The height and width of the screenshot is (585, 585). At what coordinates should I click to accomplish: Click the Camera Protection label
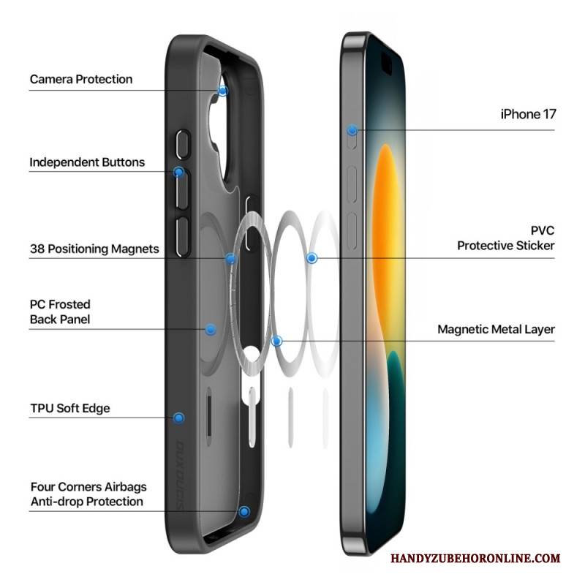[81, 80]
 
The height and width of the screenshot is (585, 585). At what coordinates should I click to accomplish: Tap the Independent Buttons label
[87, 162]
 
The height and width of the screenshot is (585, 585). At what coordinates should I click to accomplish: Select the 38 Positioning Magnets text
[94, 249]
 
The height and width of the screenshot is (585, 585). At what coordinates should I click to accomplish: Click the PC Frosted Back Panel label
[60, 312]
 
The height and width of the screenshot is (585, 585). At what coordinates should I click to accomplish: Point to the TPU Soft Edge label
[70, 408]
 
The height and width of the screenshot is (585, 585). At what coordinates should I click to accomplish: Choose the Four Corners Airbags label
[88, 487]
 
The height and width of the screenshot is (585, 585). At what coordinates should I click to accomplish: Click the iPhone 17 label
[528, 114]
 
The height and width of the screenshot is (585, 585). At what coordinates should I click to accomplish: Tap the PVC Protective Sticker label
[506, 238]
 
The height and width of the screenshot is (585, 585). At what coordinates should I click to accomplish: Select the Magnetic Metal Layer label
[497, 330]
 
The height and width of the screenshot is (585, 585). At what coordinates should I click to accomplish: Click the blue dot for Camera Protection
[223, 91]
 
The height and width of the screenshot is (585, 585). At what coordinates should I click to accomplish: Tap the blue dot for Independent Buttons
[179, 172]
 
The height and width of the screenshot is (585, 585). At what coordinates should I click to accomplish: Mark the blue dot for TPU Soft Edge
[179, 418]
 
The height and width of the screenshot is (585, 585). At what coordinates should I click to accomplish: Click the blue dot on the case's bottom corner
[244, 511]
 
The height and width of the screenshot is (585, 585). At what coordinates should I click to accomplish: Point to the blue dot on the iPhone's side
[352, 130]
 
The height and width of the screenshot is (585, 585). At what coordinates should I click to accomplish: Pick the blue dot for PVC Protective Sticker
[312, 258]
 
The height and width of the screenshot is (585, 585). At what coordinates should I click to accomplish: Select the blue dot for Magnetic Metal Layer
[276, 341]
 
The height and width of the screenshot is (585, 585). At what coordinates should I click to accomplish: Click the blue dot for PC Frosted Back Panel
[211, 330]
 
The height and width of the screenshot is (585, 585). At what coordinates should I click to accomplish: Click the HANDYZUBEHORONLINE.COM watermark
[475, 559]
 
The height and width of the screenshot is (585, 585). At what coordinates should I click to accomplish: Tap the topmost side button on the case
[183, 144]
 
